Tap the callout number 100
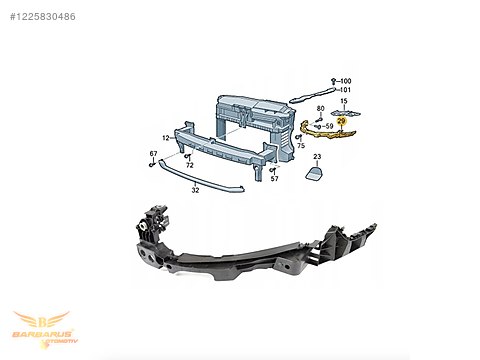click(345, 80)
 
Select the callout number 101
click(345, 90)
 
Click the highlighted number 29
click(341, 120)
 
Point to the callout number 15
click(343, 101)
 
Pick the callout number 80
click(320, 108)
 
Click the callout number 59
click(327, 127)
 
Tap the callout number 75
click(300, 145)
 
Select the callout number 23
click(317, 157)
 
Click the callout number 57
click(274, 179)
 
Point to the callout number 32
click(196, 188)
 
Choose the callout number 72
click(189, 164)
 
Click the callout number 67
click(153, 153)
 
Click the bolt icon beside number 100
click(334, 80)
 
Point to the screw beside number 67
click(153, 163)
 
